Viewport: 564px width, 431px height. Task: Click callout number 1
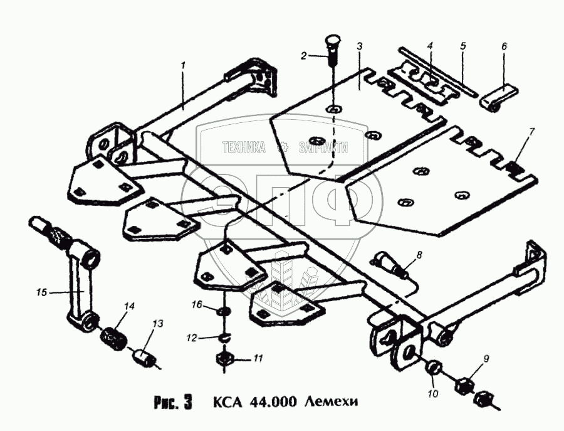[183, 66]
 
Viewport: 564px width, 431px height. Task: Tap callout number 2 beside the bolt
[304, 56]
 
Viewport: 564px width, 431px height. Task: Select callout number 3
[360, 47]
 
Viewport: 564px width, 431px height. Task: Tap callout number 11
[257, 358]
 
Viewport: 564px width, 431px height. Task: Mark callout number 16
[197, 304]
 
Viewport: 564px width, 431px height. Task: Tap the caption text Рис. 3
[172, 400]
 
